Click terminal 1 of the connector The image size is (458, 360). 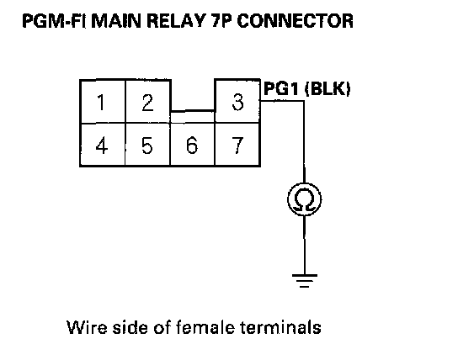point(103,101)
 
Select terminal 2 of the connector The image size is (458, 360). point(148,101)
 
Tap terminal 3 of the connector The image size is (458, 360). point(237,101)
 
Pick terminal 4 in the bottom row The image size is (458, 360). point(103,145)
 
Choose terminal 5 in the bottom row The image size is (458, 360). point(147,145)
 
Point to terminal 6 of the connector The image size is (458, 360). point(192,145)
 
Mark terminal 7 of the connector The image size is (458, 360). point(237,145)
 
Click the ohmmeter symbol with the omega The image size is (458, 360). point(305,199)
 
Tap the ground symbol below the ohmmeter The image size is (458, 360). point(305,281)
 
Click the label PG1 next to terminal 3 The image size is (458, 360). point(281,88)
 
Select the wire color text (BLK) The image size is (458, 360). point(328,88)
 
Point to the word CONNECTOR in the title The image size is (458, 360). point(295,21)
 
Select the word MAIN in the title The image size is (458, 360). point(116,21)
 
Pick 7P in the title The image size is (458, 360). point(221,21)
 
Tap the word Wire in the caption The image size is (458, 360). point(87,327)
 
